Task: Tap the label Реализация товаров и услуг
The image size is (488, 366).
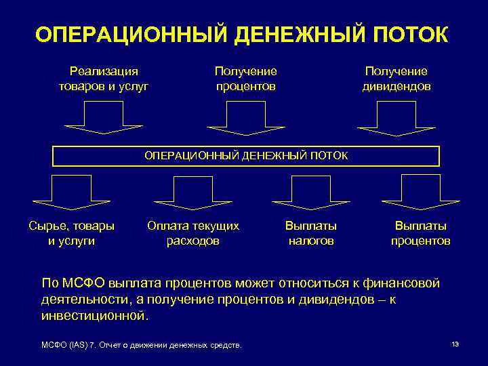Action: [x=104, y=79]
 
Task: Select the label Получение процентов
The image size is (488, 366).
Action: [x=245, y=79]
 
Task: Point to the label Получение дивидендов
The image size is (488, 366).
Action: [x=396, y=79]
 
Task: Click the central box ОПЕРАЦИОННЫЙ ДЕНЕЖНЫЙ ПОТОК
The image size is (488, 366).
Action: [x=246, y=156]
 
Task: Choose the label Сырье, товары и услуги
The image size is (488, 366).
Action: [x=71, y=233]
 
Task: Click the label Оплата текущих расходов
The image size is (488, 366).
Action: [x=193, y=233]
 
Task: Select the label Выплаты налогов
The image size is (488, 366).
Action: [x=311, y=233]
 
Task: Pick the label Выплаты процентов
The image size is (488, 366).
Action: [x=421, y=233]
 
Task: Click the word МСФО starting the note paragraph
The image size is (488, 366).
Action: [x=83, y=283]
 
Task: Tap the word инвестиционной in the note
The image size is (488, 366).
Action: [x=94, y=315]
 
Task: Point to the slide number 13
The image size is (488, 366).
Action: [x=455, y=344]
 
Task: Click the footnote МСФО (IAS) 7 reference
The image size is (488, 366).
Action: [x=142, y=346]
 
